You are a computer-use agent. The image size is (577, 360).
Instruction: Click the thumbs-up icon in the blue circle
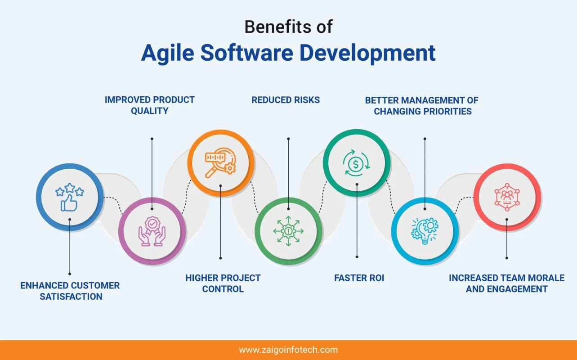pyautogui.click(x=69, y=203)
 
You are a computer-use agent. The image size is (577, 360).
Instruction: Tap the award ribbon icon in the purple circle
pyautogui.click(x=152, y=231)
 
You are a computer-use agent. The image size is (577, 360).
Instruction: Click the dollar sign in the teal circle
pyautogui.click(x=356, y=164)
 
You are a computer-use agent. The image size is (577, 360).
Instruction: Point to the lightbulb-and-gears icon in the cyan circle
pyautogui.click(x=425, y=231)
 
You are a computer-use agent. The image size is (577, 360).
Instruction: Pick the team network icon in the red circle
pyautogui.click(x=507, y=197)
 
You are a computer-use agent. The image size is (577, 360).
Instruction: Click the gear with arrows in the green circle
pyautogui.click(x=288, y=231)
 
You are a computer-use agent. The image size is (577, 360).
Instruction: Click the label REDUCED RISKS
pyautogui.click(x=286, y=100)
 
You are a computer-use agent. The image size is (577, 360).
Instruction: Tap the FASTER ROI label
pyautogui.click(x=359, y=278)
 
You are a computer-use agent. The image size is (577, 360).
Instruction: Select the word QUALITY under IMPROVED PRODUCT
pyautogui.click(x=150, y=111)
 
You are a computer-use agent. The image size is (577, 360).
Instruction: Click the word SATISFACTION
pyautogui.click(x=71, y=297)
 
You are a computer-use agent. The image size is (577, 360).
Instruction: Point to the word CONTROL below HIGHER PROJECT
pyautogui.click(x=223, y=289)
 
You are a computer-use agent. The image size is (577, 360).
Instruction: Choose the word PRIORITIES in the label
pyautogui.click(x=448, y=111)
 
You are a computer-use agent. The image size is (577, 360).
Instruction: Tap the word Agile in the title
pyautogui.click(x=167, y=54)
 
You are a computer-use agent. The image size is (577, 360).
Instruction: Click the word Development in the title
pyautogui.click(x=367, y=54)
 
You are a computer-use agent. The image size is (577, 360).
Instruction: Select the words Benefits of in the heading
pyautogui.click(x=288, y=27)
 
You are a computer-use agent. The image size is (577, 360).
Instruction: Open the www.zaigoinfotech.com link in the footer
pyautogui.click(x=288, y=350)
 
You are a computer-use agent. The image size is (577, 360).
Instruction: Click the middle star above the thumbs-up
pyautogui.click(x=70, y=188)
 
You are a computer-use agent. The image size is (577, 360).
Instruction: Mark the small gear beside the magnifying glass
pyautogui.click(x=230, y=169)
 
